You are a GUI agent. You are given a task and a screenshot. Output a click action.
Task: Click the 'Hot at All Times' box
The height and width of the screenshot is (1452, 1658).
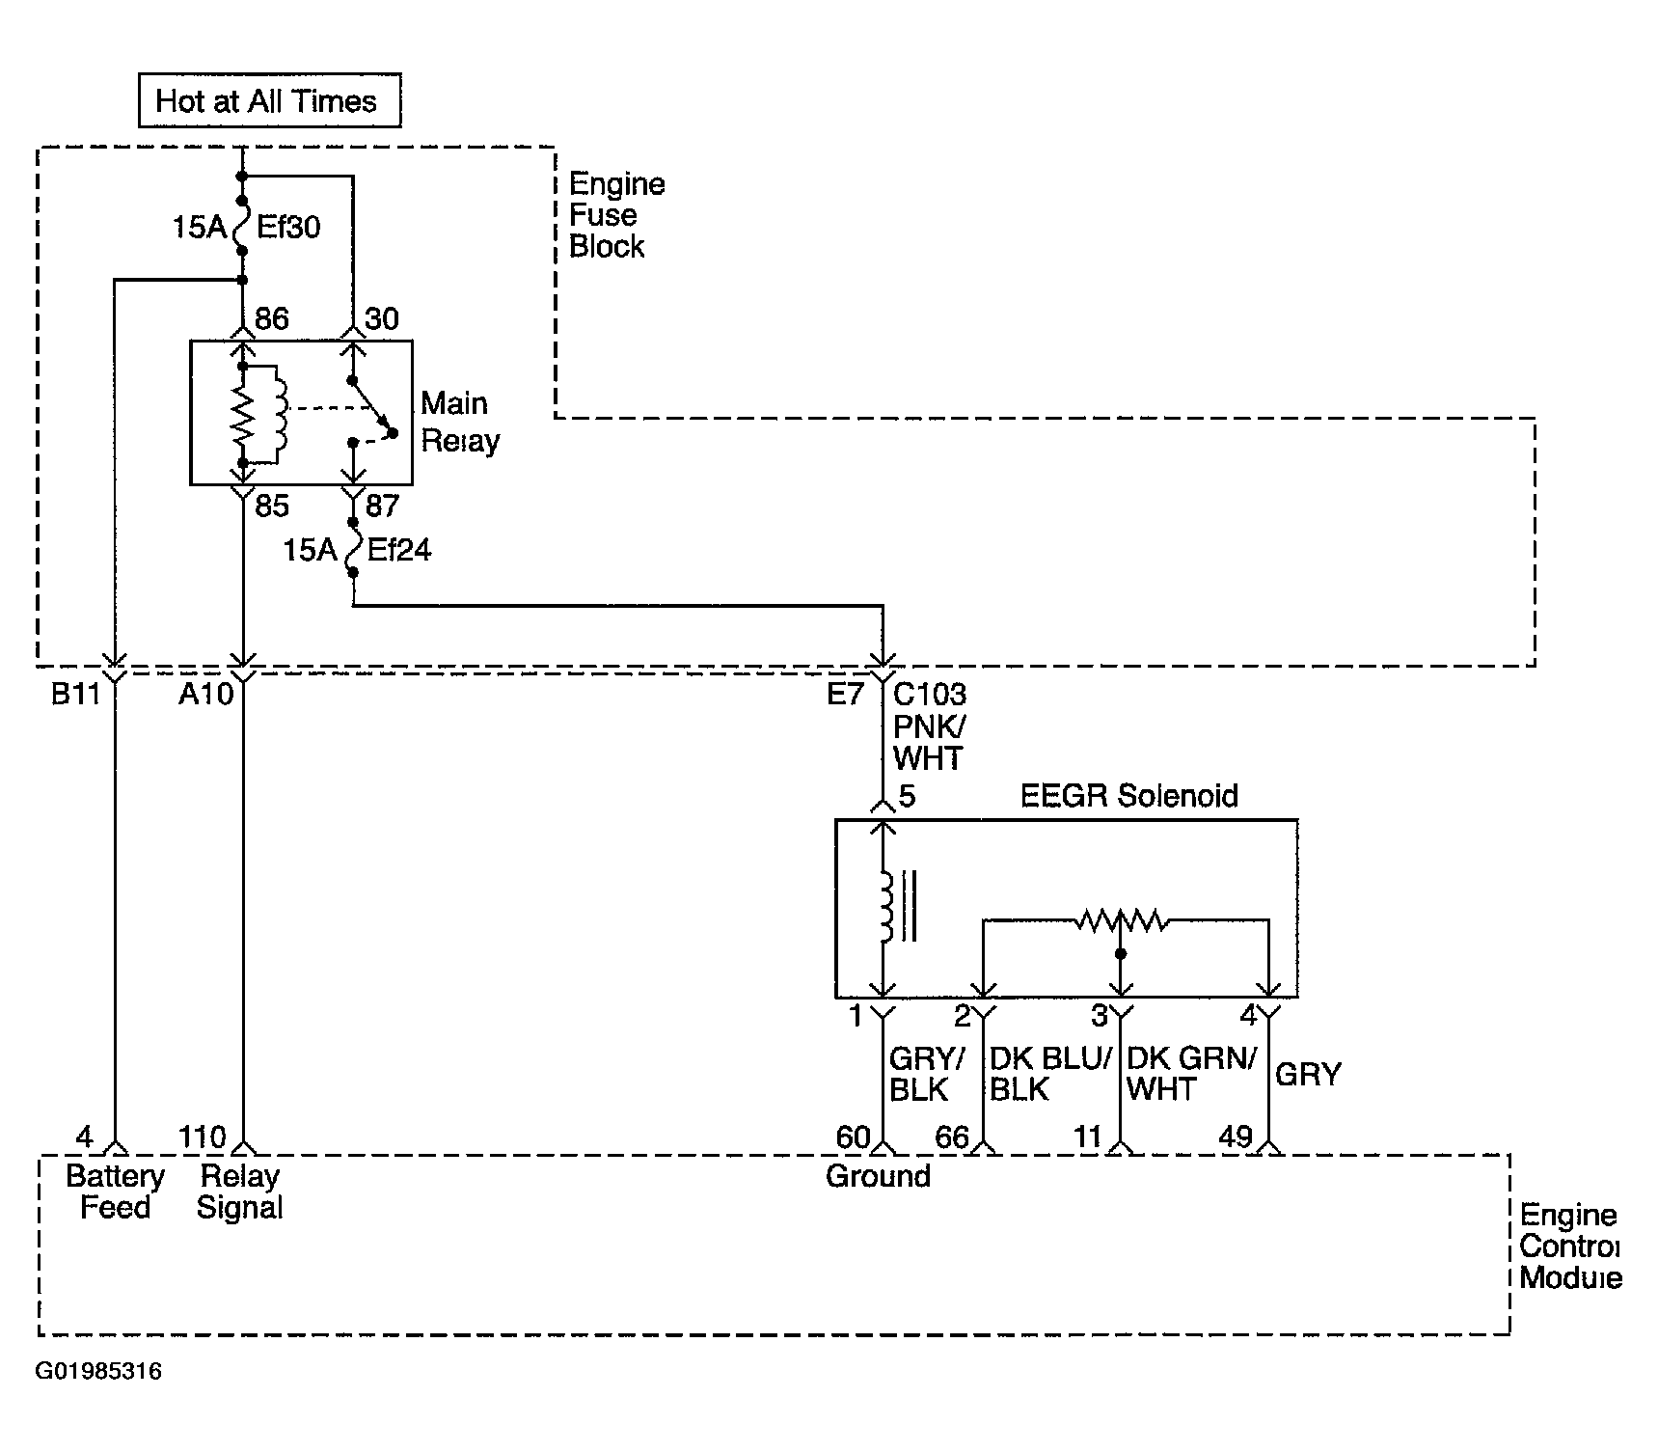(269, 100)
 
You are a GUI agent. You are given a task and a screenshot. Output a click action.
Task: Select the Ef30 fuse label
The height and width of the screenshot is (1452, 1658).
(288, 228)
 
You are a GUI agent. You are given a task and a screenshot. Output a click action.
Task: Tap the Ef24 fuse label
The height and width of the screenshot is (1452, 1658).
(399, 551)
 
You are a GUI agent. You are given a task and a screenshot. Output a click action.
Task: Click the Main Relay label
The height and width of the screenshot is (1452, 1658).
(460, 423)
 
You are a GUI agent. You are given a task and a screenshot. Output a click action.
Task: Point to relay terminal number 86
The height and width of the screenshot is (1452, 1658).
(271, 319)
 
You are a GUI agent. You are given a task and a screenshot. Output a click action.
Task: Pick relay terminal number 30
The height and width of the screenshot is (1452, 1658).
(382, 319)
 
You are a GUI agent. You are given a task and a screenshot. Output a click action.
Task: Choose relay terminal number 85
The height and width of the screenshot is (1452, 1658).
(272, 506)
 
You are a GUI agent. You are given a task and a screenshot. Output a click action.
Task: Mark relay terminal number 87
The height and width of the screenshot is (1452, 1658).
(382, 506)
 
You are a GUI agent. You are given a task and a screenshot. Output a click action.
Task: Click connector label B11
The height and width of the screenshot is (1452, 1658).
(75, 695)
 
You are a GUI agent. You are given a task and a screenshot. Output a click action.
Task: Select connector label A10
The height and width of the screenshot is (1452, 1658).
(205, 695)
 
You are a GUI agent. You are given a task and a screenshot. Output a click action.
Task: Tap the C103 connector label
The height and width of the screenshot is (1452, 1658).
(930, 695)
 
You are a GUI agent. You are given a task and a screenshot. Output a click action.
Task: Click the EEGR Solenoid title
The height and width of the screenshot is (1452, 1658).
(1128, 796)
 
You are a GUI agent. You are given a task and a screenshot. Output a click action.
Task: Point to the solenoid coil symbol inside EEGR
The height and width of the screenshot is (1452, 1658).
(885, 907)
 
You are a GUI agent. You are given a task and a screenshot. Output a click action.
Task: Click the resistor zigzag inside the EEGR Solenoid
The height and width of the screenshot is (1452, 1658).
(1121, 921)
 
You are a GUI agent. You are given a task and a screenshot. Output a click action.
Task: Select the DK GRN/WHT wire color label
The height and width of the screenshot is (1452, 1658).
(1192, 1074)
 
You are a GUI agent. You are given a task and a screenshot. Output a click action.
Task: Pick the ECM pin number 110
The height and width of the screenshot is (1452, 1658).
(202, 1137)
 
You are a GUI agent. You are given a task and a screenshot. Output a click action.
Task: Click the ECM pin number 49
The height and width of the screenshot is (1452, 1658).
(1236, 1137)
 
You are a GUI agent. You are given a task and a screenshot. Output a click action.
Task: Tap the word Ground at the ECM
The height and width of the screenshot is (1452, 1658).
(878, 1176)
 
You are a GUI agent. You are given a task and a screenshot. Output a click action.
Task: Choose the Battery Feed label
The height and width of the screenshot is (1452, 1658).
(115, 1192)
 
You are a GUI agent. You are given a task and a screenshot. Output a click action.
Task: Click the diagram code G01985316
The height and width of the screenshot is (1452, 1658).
(99, 1372)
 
